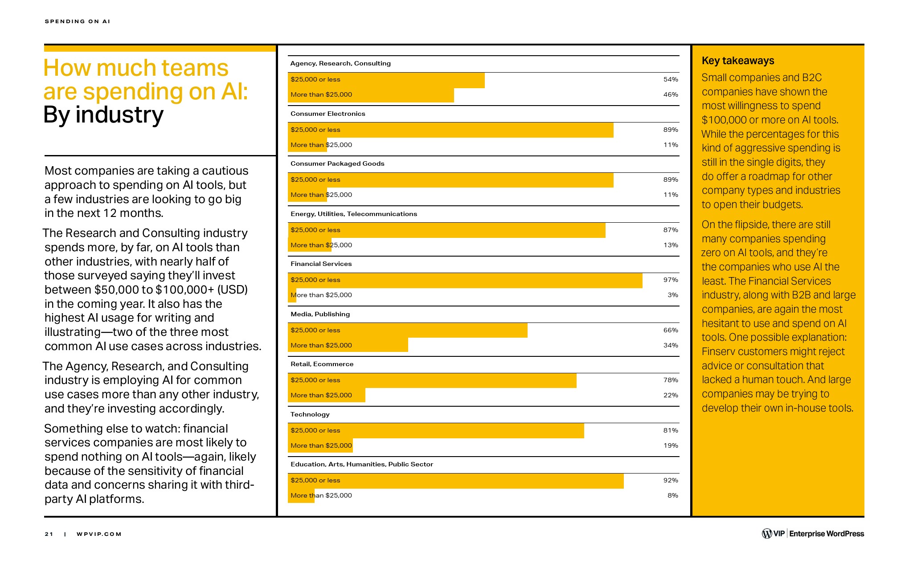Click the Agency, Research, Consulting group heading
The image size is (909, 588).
[x=340, y=63]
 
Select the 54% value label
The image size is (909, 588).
[x=671, y=79]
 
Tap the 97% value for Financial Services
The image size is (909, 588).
[x=671, y=280]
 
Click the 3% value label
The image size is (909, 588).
[x=673, y=295]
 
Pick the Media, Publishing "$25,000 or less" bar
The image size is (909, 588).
[x=407, y=330]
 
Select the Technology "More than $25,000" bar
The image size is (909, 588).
[x=320, y=445]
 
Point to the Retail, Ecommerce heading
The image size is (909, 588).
[x=322, y=364]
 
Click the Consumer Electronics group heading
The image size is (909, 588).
[x=328, y=114]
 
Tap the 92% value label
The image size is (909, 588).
[x=671, y=480]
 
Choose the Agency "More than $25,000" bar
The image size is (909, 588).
[x=371, y=95]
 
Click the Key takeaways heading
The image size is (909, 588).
[x=738, y=61]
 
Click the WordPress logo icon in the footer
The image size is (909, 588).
[x=767, y=534]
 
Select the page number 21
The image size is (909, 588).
[x=49, y=534]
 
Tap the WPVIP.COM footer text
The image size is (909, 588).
[x=99, y=534]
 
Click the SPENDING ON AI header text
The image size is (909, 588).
[x=78, y=21]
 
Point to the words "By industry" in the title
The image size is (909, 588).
[x=103, y=115]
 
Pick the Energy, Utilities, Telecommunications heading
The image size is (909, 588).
[x=354, y=214]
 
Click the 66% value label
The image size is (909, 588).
[x=671, y=330]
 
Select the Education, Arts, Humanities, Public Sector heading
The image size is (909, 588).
[x=361, y=464]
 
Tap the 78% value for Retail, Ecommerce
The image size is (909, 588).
[x=671, y=380]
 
